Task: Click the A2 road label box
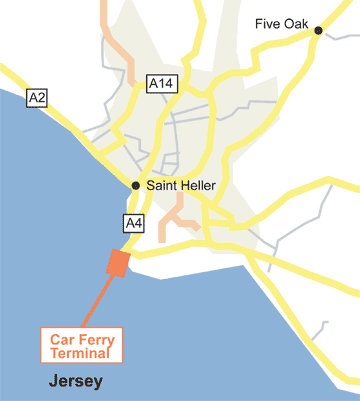pyautogui.click(x=37, y=97)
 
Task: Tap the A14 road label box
pyautogui.click(x=160, y=84)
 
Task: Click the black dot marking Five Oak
pyautogui.click(x=318, y=31)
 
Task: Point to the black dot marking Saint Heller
pyautogui.click(x=136, y=185)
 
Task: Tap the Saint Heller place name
pyautogui.click(x=181, y=185)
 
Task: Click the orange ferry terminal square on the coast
pyautogui.click(x=118, y=262)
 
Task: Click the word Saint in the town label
pyautogui.click(x=161, y=185)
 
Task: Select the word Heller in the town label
pyautogui.click(x=198, y=185)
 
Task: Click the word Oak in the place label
pyautogui.click(x=295, y=23)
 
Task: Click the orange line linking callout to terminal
pyautogui.click(x=95, y=298)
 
